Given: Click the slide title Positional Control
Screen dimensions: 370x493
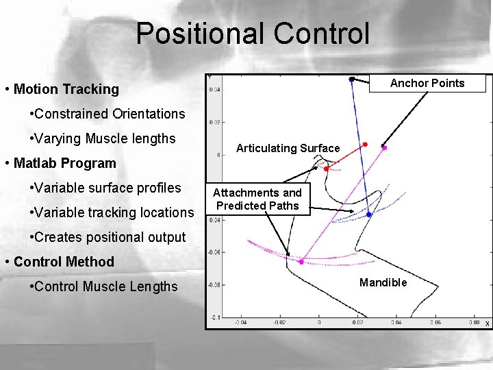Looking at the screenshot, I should pos(252,34).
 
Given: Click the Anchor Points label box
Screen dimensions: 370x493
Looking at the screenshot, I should pos(427,84).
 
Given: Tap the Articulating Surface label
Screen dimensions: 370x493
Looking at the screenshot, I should pos(288,148).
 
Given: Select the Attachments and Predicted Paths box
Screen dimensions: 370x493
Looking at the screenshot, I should pos(257,199).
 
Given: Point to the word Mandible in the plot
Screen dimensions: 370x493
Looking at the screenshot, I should pos(383,282).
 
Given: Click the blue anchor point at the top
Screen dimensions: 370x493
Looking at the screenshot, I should pos(351,79).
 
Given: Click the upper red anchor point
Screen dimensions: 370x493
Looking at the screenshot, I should pos(365,145).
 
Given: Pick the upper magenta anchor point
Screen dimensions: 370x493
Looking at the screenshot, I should pos(384,147).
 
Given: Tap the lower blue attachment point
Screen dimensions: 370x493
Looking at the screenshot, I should pos(368,214).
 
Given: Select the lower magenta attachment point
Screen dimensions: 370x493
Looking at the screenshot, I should pos(301,261).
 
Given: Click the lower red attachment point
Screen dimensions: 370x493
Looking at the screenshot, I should pos(326,168).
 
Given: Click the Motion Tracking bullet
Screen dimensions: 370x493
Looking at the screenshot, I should pos(66,89).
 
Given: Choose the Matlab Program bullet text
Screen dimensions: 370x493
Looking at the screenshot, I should pos(65,163).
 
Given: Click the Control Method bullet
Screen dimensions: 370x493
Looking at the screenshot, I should pos(64,262).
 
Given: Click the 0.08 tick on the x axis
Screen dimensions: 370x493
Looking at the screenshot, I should pos(473,322).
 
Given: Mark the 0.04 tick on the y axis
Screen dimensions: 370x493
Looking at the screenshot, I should pos(214,89).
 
